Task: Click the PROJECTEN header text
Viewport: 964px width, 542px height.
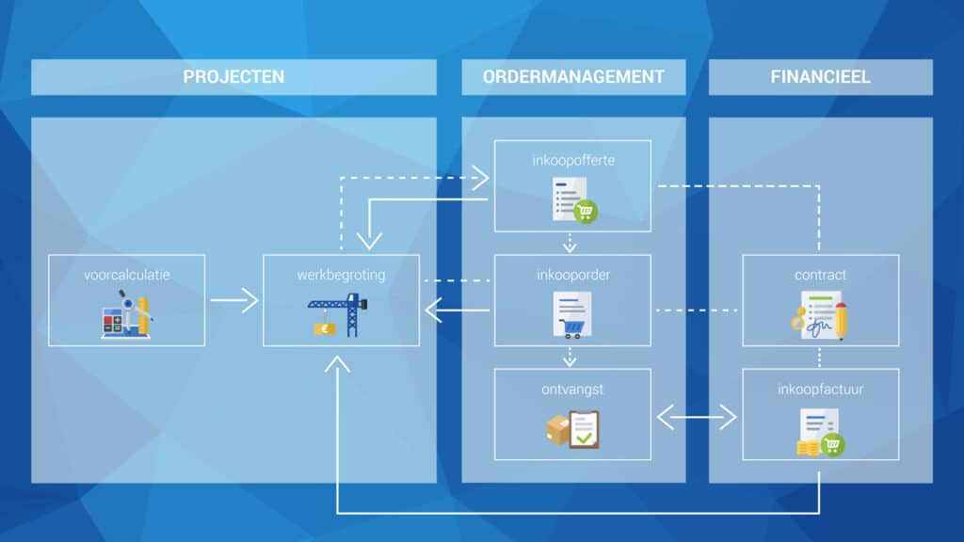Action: coord(233,77)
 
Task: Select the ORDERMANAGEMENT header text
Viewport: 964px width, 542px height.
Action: coord(573,77)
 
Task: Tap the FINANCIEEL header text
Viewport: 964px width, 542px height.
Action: coord(821,77)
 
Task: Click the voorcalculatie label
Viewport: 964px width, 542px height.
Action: coord(127,275)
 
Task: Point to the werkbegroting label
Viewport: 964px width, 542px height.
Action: coord(341,276)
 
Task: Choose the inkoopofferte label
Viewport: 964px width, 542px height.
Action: coord(573,160)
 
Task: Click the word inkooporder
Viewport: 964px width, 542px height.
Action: coord(573,275)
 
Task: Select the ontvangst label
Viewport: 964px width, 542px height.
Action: coord(572,390)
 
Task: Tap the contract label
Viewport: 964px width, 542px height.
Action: coord(821,275)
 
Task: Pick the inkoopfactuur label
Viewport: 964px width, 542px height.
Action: coord(821,389)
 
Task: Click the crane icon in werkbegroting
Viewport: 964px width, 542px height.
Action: coord(338,314)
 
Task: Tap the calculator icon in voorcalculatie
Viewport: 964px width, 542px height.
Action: coord(112,324)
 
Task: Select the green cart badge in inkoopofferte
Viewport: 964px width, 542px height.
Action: coord(586,212)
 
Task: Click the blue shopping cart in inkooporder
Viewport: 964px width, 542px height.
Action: coord(571,328)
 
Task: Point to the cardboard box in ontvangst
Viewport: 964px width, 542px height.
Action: coord(557,429)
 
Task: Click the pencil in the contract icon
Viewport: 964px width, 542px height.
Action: coord(841,320)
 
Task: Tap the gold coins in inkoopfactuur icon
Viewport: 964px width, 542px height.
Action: coord(808,449)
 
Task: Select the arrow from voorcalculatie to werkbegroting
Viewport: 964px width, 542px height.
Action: coord(234,300)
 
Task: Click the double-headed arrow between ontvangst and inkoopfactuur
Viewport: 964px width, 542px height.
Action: coord(697,417)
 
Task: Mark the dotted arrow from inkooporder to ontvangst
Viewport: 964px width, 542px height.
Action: coord(570,357)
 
